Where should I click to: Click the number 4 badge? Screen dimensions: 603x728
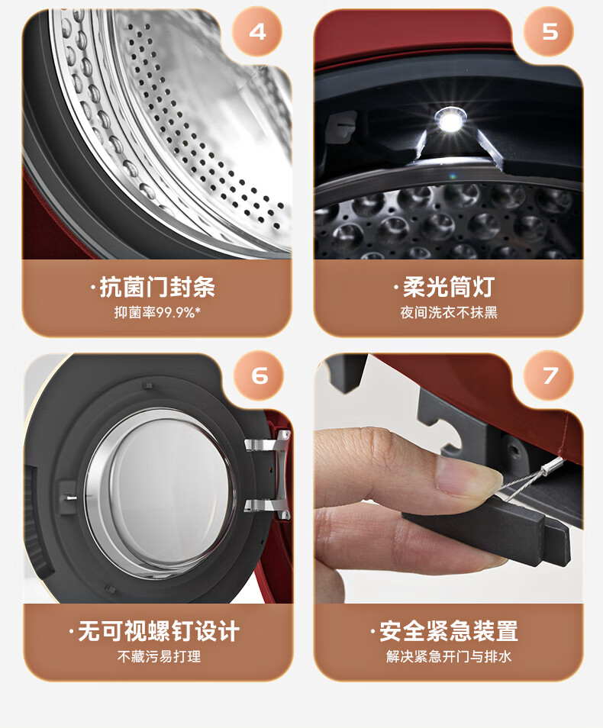click(257, 32)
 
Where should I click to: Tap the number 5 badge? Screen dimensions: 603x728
click(549, 32)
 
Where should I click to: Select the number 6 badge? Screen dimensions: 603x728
click(259, 375)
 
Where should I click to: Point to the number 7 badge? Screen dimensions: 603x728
click(549, 375)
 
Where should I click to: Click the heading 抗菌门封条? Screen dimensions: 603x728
click(157, 287)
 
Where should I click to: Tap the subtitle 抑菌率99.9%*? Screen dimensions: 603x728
click(157, 312)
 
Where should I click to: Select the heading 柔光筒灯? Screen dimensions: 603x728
click(449, 287)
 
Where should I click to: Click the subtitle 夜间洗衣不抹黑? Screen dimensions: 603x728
click(449, 312)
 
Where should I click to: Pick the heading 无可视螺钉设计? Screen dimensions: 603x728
click(159, 631)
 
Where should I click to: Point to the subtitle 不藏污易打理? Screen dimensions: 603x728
click(159, 656)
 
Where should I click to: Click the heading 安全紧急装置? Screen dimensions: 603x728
click(449, 631)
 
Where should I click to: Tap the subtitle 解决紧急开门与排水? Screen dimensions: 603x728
click(449, 656)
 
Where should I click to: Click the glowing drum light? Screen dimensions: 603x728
click(449, 121)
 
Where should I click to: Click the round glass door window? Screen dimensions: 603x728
click(160, 493)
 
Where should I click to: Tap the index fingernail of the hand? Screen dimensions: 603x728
click(467, 478)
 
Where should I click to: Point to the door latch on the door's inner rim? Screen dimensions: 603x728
click(68, 498)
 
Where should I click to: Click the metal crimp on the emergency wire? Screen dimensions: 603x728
click(553, 465)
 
